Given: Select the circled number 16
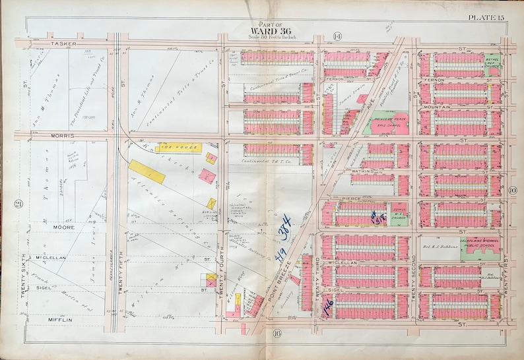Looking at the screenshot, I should [x=277, y=334].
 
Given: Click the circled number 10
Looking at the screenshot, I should [x=513, y=191].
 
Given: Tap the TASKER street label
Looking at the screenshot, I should [x=65, y=45].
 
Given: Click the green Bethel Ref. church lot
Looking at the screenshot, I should [x=492, y=63].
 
